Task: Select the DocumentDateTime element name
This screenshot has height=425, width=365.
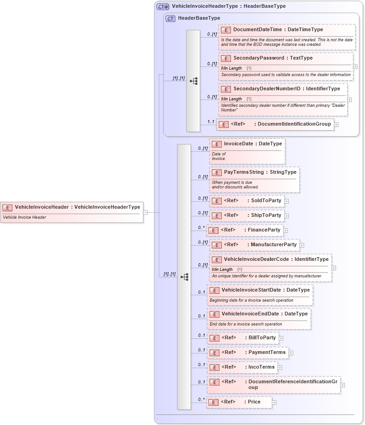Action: [x=257, y=30]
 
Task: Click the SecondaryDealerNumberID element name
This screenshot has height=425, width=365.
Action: [x=266, y=88]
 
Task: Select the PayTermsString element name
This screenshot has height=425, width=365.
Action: [x=244, y=172]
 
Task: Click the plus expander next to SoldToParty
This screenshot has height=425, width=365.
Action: [x=286, y=201]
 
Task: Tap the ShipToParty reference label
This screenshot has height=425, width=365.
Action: [x=266, y=215]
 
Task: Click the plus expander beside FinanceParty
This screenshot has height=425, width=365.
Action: [x=286, y=230]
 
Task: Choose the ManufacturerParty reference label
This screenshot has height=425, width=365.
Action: [x=274, y=244]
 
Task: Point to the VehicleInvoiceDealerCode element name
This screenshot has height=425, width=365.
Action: [x=257, y=259]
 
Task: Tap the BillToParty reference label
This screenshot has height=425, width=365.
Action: [x=262, y=338]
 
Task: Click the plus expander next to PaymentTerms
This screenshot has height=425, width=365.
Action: [x=291, y=353]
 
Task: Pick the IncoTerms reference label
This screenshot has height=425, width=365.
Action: [x=261, y=367]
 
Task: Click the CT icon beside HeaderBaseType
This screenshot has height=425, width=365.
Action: [x=170, y=18]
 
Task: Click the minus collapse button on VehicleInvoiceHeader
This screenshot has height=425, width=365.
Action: [x=146, y=212]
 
